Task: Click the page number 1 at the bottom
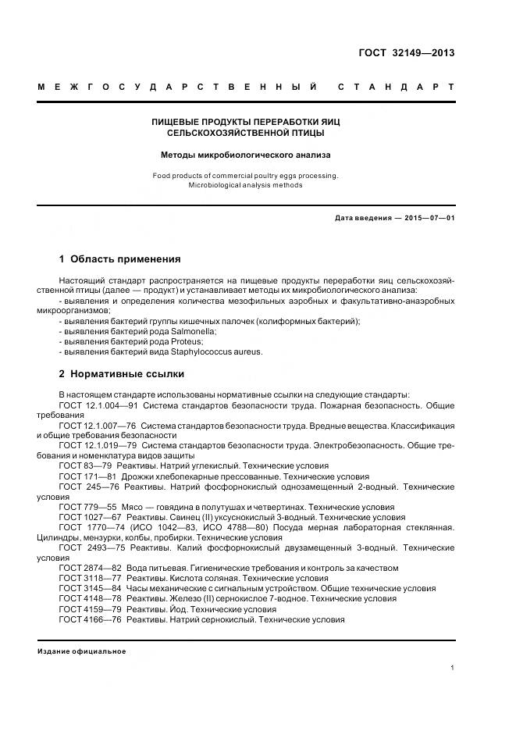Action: pos(453,668)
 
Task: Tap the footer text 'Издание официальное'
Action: pos(82,651)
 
